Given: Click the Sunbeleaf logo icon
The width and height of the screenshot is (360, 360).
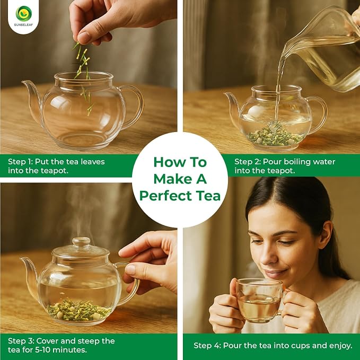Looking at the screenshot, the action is tap(24, 14).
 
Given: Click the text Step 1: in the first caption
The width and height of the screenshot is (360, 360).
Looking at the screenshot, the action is tap(21, 162).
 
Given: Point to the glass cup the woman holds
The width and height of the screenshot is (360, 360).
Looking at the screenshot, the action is tap(259, 300).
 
